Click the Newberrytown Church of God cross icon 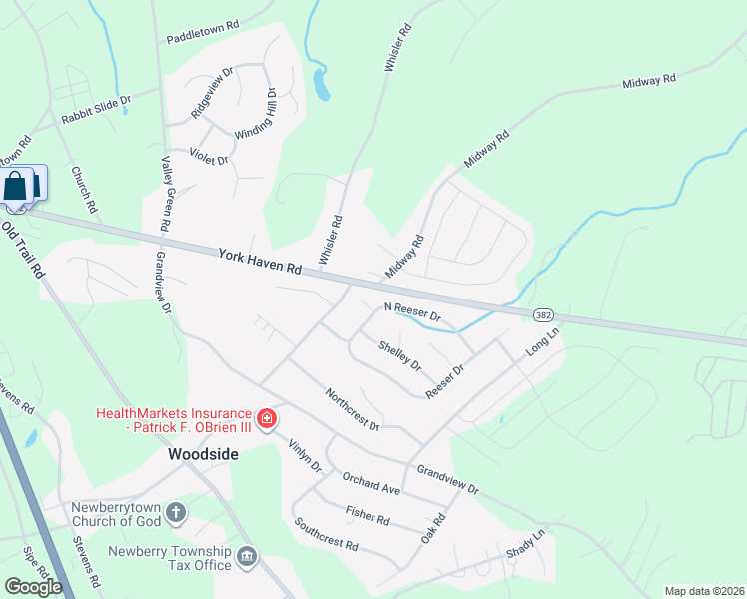coord(176,514)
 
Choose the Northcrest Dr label coord(353,409)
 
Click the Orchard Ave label coord(371,484)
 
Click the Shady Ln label coord(526,544)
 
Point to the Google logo coord(33,587)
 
